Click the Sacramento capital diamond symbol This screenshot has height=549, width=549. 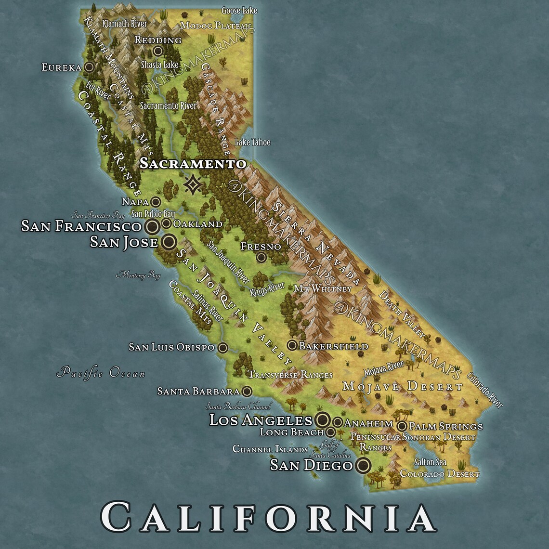pyautogui.click(x=193, y=184)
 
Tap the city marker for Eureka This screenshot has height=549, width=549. pyautogui.click(x=89, y=67)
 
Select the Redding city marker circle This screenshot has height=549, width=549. pyautogui.click(x=157, y=51)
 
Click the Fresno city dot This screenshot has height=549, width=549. pyautogui.click(x=261, y=257)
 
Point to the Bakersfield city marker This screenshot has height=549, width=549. pyautogui.click(x=292, y=345)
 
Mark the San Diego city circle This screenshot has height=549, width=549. pyautogui.click(x=363, y=465)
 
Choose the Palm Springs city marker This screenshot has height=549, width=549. pyautogui.click(x=402, y=426)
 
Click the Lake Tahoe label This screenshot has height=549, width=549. pyautogui.click(x=252, y=142)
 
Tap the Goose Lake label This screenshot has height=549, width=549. pyautogui.click(x=239, y=10)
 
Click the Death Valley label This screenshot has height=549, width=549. pyautogui.click(x=402, y=314)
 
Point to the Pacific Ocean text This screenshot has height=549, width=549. pyautogui.click(x=101, y=372)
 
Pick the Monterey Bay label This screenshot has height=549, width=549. pyautogui.click(x=138, y=275)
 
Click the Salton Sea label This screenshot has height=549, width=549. pyautogui.click(x=430, y=462)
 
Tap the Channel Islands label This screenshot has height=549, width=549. pyautogui.click(x=270, y=449)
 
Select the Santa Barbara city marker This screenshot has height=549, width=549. pyautogui.click(x=247, y=391)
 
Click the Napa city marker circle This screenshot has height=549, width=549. pyautogui.click(x=156, y=202)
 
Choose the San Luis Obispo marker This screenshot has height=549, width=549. pyautogui.click(x=222, y=347)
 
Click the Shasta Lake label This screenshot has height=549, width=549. pyautogui.click(x=159, y=65)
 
